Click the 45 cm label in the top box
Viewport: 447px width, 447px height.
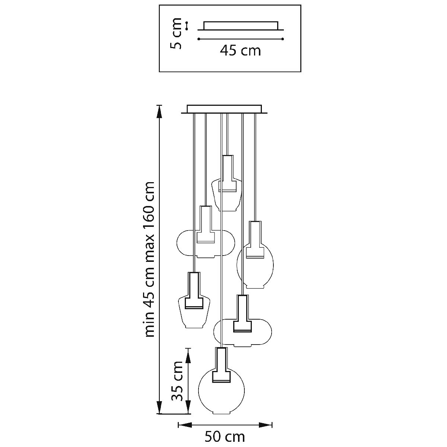click(240, 50)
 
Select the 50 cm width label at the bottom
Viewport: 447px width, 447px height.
click(225, 436)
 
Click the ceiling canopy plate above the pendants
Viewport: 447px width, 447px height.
click(224, 109)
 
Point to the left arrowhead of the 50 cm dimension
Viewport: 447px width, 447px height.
click(184, 425)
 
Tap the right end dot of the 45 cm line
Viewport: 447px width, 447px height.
click(283, 39)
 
